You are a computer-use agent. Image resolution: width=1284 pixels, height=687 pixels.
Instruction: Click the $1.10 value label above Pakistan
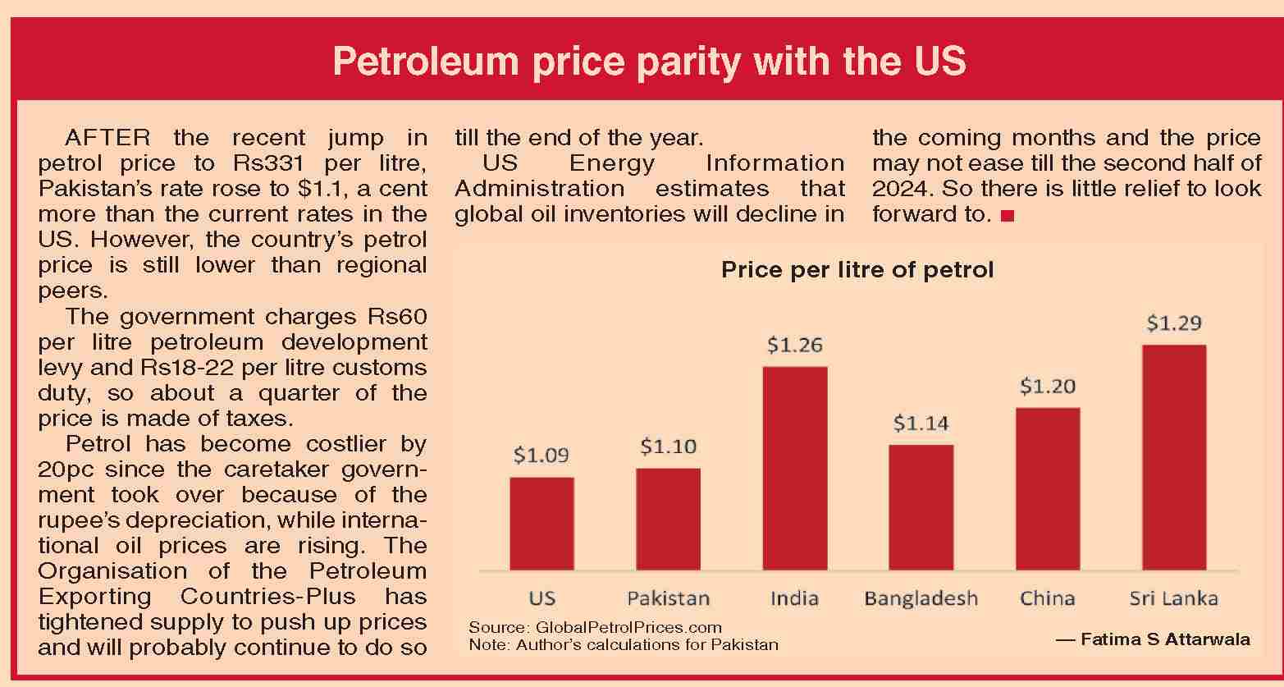pos(668,447)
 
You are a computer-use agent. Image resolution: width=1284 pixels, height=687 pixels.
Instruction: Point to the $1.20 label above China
pos(1047,386)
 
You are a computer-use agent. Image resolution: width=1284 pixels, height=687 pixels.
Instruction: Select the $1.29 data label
pos(1173,323)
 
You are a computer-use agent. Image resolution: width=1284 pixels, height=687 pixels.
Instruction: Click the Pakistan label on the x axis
pos(668,598)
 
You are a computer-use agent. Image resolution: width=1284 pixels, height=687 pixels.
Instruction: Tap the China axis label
pos(1047,598)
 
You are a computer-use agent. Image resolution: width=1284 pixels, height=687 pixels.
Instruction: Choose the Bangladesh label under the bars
pos(921,598)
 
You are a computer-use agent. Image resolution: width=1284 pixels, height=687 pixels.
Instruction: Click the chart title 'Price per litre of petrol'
pos(857,270)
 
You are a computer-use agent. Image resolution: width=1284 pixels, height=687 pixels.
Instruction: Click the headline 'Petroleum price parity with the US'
pos(649,62)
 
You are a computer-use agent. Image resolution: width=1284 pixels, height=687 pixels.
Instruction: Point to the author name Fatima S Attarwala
pos(1165,639)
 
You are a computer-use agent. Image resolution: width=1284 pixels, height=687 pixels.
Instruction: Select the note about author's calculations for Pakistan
pos(624,644)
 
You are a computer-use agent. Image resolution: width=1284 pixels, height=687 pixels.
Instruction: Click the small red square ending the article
pos(1008,216)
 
